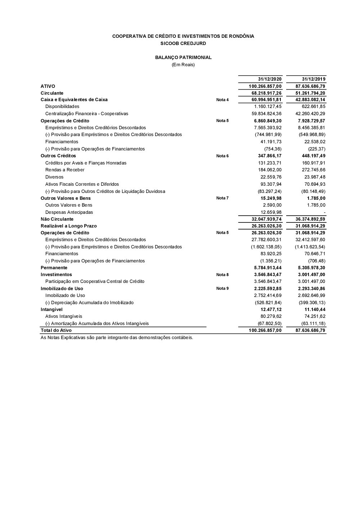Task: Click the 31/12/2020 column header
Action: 270,79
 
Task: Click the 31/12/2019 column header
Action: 314,79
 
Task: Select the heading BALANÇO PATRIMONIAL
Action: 183,57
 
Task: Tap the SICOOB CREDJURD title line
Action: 183,43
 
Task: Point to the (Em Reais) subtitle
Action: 183,65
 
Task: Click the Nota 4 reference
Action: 222,100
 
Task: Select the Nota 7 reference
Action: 222,198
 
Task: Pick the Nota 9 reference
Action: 222,288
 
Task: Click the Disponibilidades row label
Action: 62,107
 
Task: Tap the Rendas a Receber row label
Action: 65,170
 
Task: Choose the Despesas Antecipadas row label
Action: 69,212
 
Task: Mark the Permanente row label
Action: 54,268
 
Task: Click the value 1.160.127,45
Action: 268,107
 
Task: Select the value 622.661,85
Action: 313,107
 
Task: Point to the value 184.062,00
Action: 270,170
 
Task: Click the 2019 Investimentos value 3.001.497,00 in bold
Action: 311,275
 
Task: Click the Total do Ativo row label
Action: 56,330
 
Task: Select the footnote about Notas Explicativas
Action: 117,338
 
